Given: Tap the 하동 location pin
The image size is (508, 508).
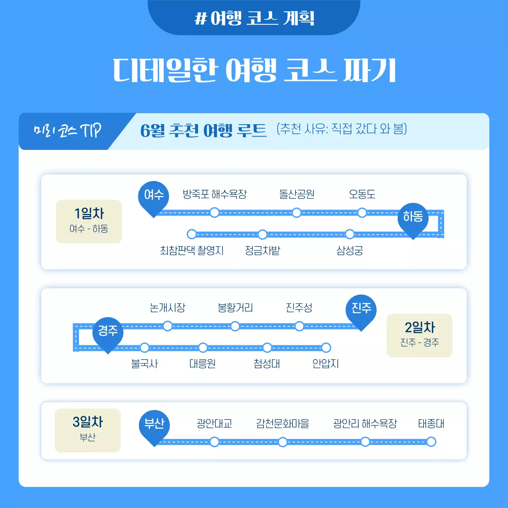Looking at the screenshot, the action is point(413,217).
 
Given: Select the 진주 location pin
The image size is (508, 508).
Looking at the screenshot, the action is point(361,309).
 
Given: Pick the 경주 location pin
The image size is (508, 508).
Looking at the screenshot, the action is point(108,332).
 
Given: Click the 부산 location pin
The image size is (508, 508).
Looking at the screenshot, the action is point(154,425).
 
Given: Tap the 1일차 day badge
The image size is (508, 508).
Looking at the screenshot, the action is point(89,221).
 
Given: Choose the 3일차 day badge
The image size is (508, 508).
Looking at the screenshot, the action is point(88,430).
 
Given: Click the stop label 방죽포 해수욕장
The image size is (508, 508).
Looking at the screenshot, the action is point(214,194).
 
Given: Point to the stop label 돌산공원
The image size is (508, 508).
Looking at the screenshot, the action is point(297,194).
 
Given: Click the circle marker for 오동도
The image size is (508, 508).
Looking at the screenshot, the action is point(362,213).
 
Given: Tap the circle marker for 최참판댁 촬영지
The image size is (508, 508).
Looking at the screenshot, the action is point(192,234).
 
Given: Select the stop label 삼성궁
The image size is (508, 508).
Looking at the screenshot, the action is point(350,250).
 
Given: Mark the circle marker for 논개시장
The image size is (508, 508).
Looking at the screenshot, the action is point(167,326).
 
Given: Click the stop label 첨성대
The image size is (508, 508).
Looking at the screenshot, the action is point(267,364).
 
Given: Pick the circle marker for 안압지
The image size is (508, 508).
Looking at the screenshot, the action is point(326,348).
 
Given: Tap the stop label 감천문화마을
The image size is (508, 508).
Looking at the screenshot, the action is point(283,423).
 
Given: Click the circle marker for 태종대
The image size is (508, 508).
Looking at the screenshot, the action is point(431,442).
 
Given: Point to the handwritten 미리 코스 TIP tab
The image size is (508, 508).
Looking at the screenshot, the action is point(67,131).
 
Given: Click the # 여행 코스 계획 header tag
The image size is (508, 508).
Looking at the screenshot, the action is point(254,18).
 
